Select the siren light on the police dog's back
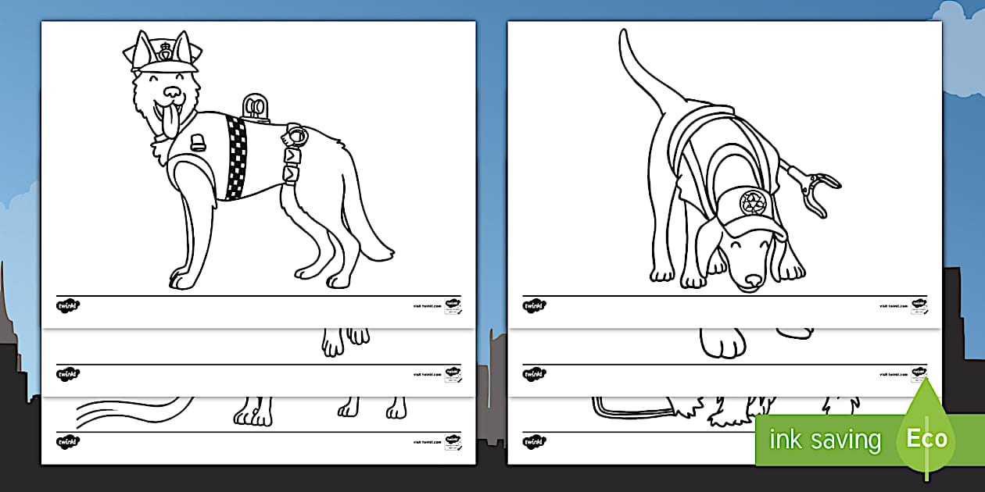255,108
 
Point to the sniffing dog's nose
751,280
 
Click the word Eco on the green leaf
927,439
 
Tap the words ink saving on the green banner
825,440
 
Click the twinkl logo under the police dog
67,305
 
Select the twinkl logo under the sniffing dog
534,305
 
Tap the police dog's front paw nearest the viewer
181,277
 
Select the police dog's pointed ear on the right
184,47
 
